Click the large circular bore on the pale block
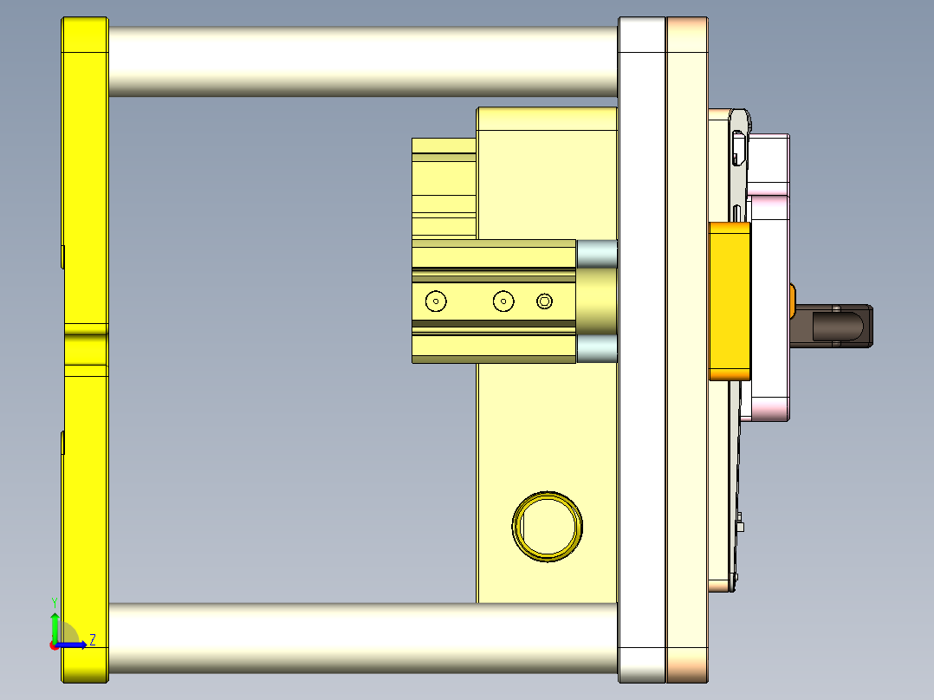[547, 526]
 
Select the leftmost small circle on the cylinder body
[435, 301]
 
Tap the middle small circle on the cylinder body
[503, 301]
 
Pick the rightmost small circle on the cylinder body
[544, 301]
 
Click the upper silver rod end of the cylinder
[596, 254]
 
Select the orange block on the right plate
[730, 301]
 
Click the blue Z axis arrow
[74, 645]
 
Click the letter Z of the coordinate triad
[92, 640]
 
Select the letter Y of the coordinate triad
[54, 601]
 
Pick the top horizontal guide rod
[362, 61]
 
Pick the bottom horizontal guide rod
[362, 639]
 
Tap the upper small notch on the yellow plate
[63, 256]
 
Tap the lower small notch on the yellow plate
[63, 441]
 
